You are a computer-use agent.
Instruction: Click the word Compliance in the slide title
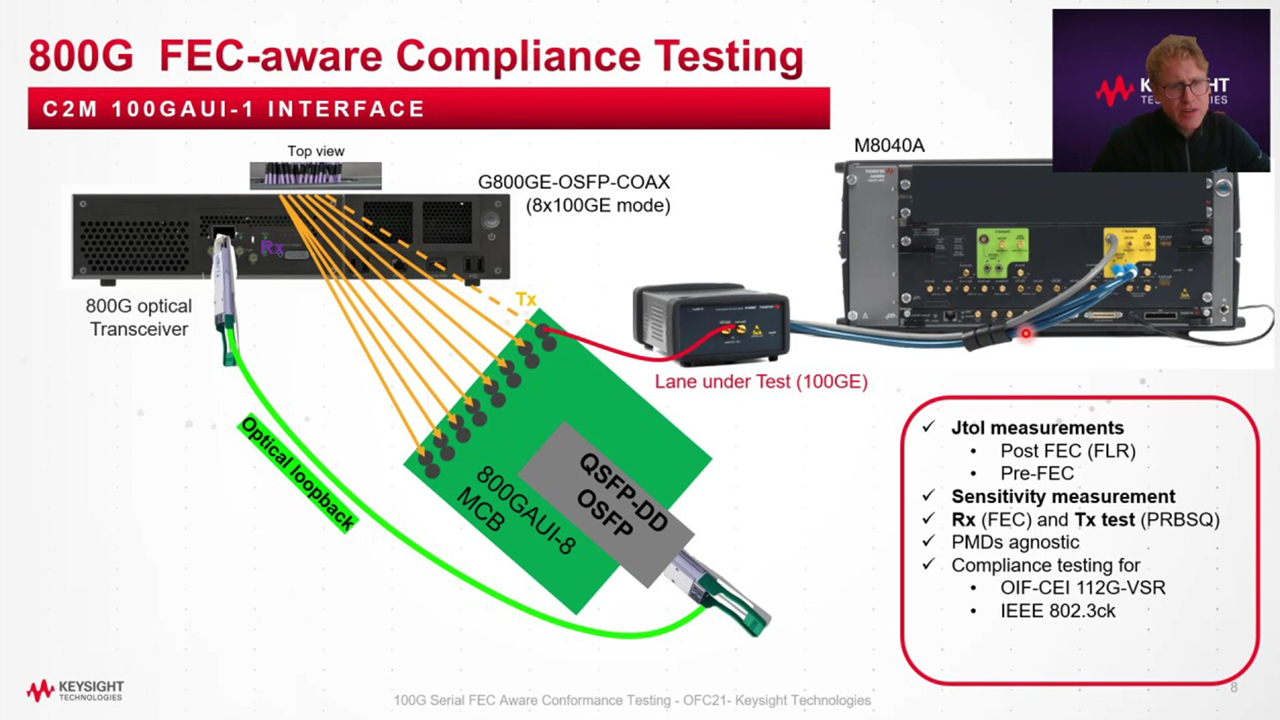518,56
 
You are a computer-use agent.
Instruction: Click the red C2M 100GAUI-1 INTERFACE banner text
234,109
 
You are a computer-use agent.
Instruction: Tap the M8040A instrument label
889,145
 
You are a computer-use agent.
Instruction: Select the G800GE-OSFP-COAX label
574,182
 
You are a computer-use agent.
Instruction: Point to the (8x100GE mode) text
598,205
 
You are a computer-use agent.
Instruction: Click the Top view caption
316,151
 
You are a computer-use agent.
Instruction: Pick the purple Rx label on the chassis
271,247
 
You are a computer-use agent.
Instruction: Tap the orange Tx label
526,299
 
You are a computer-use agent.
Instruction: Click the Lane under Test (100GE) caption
760,382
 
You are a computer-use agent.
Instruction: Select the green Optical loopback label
298,473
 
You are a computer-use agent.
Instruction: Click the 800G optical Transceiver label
139,317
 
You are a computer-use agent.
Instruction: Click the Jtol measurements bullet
1037,428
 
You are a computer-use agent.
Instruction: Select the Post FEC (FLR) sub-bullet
1067,451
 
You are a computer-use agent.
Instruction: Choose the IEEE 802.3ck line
1057,611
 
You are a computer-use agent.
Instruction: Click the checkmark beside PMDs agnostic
928,541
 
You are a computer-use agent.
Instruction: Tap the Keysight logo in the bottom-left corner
75,690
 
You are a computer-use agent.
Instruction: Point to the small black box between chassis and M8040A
710,322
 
